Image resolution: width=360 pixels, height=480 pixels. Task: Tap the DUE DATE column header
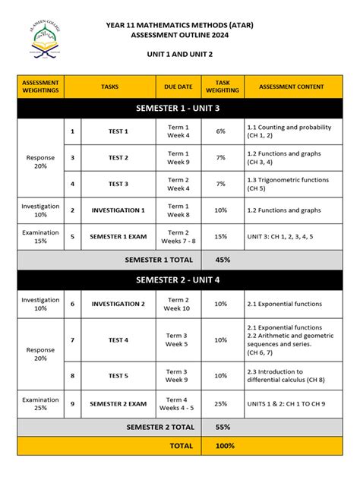(178, 87)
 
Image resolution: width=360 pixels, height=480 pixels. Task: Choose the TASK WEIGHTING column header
(221, 87)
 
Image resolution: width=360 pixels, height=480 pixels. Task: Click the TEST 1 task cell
(118, 131)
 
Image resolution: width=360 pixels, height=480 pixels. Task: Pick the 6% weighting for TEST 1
(221, 131)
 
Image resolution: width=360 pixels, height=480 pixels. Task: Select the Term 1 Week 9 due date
(178, 158)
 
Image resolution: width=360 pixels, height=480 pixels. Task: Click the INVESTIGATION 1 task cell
(118, 210)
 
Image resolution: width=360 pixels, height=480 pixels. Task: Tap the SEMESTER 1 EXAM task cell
(118, 237)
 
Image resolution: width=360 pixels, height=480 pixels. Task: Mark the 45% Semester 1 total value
(223, 260)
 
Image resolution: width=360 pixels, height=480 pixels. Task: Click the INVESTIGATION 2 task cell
(118, 304)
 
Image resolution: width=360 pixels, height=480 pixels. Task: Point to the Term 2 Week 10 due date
(178, 304)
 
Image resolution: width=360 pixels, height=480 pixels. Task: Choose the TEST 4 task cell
(118, 339)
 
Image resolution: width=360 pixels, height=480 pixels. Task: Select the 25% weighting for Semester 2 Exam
(221, 403)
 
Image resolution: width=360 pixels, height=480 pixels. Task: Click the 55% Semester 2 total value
(223, 427)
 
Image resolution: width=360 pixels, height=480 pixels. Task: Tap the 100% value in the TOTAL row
(223, 446)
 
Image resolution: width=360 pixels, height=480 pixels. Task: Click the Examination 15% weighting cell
(40, 237)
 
